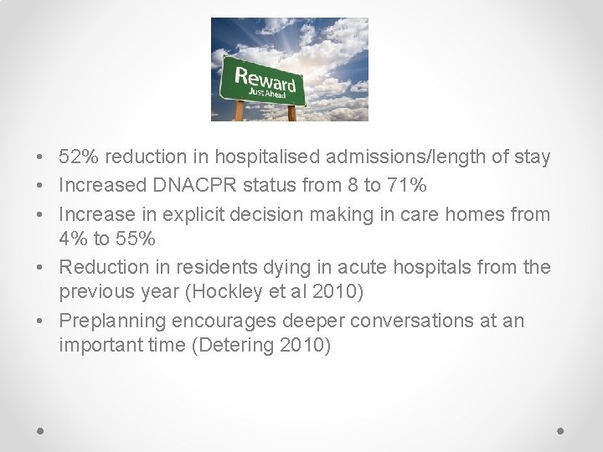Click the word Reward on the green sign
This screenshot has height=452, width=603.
pos(265,81)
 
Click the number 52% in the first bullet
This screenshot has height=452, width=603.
pos(78,157)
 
